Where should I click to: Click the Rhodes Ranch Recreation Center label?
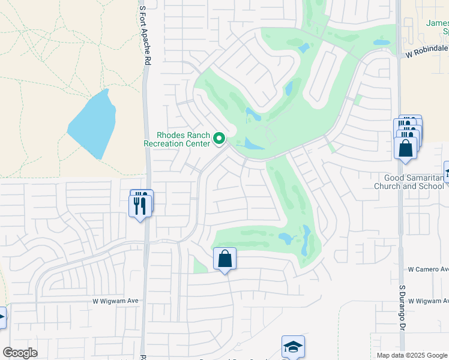click(x=177, y=139)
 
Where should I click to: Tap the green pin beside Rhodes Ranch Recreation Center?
click(x=220, y=139)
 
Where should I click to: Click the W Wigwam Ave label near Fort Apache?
click(x=115, y=301)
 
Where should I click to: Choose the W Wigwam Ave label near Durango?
click(x=428, y=301)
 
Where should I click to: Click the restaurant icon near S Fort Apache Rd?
click(x=140, y=205)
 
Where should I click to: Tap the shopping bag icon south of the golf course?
click(x=224, y=259)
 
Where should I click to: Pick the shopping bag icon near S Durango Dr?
click(x=406, y=148)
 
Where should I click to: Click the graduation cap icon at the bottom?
click(x=293, y=347)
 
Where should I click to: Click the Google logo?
click(x=20, y=353)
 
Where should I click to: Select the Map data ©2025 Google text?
click(x=411, y=355)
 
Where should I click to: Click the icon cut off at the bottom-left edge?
click(x=2, y=317)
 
